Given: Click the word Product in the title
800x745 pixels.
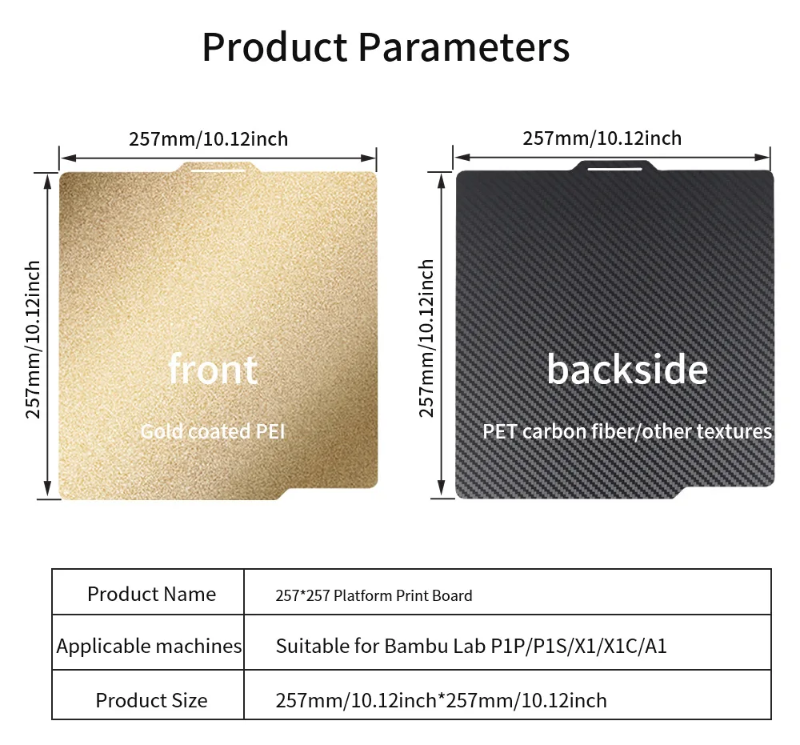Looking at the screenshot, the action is (275, 47).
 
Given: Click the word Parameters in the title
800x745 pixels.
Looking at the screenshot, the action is (464, 47).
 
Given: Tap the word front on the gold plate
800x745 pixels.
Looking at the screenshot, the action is (213, 369).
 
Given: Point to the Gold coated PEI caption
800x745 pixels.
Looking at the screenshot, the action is (213, 431).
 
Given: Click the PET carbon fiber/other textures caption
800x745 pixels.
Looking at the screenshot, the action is (627, 431).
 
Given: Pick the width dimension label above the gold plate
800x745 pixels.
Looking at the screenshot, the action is (208, 138).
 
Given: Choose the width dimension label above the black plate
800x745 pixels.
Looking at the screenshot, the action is (602, 138).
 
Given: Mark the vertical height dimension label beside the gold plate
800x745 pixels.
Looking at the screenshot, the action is (33, 339).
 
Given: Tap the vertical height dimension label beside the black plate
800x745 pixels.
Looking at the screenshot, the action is (426, 338).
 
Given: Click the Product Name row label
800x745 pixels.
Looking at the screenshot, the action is (151, 594).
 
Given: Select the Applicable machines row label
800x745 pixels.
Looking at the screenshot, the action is (149, 646).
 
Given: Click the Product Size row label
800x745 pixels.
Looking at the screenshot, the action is (151, 700).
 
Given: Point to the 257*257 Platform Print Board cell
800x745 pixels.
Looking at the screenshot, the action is (374, 595).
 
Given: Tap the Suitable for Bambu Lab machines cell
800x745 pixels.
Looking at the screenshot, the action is (471, 646).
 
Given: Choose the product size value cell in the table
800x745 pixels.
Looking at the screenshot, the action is (442, 701).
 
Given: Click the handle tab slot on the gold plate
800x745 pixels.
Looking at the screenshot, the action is (218, 170).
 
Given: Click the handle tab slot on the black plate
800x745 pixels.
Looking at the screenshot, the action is (614, 168).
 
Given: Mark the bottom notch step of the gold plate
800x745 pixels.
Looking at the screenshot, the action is (284, 494).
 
